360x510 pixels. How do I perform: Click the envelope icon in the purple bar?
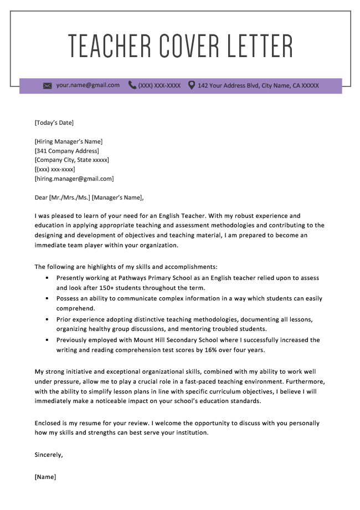coord(47,86)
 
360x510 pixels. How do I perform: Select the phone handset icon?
coord(132,85)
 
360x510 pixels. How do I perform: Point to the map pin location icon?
coord(192,85)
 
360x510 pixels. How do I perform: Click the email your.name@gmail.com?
coord(88,85)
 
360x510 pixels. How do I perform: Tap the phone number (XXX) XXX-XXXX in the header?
coord(160,86)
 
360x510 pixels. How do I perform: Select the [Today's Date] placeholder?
coord(54,123)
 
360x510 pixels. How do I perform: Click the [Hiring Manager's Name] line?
coord(68,141)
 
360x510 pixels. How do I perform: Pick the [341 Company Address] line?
coord(66,151)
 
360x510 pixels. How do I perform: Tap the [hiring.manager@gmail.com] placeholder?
coord(74,179)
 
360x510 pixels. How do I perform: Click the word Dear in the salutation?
coord(41,197)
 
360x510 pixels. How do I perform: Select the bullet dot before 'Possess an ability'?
coord(47,299)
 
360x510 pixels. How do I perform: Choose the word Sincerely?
coord(49,455)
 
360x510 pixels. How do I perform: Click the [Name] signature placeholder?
coord(45,477)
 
